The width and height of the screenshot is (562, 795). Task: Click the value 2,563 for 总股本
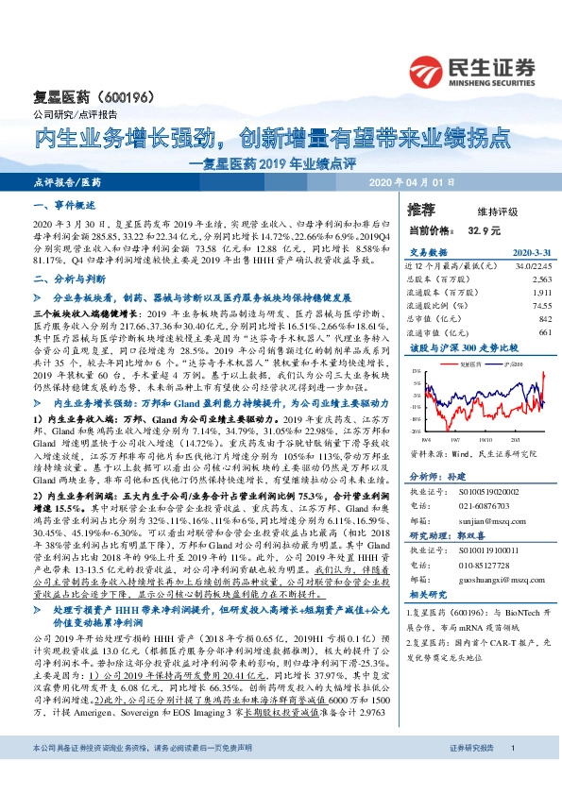pyautogui.click(x=540, y=280)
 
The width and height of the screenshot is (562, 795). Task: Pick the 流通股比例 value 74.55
pyautogui.click(x=540, y=307)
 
